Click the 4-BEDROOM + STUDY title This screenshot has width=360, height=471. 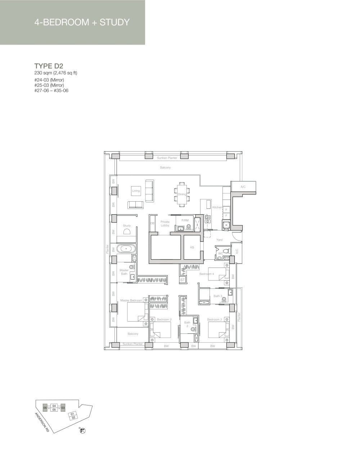[x=82, y=22]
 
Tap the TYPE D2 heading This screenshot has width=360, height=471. [x=49, y=66]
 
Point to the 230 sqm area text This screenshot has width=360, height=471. [x=56, y=73]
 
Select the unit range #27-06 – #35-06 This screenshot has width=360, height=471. [x=51, y=90]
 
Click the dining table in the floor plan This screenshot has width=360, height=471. [x=182, y=194]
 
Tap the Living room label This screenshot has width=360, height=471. [x=136, y=191]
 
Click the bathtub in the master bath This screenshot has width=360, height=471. [x=126, y=248]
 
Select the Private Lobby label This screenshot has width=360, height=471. [x=165, y=224]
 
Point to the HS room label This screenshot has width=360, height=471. [x=192, y=247]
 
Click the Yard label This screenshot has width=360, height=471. [x=219, y=240]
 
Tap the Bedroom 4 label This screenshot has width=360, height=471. [x=207, y=274]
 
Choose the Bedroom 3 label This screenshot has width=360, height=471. [x=214, y=319]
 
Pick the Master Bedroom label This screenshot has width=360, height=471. [x=131, y=300]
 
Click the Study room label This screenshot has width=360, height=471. [x=127, y=226]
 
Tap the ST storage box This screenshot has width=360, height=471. [x=183, y=280]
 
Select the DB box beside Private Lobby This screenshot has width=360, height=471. [x=152, y=224]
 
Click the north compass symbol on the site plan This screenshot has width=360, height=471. [x=82, y=431]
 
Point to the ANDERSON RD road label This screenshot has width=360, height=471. [x=42, y=422]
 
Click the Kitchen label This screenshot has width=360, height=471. [x=217, y=207]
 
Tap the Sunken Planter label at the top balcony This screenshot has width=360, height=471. [x=167, y=158]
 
